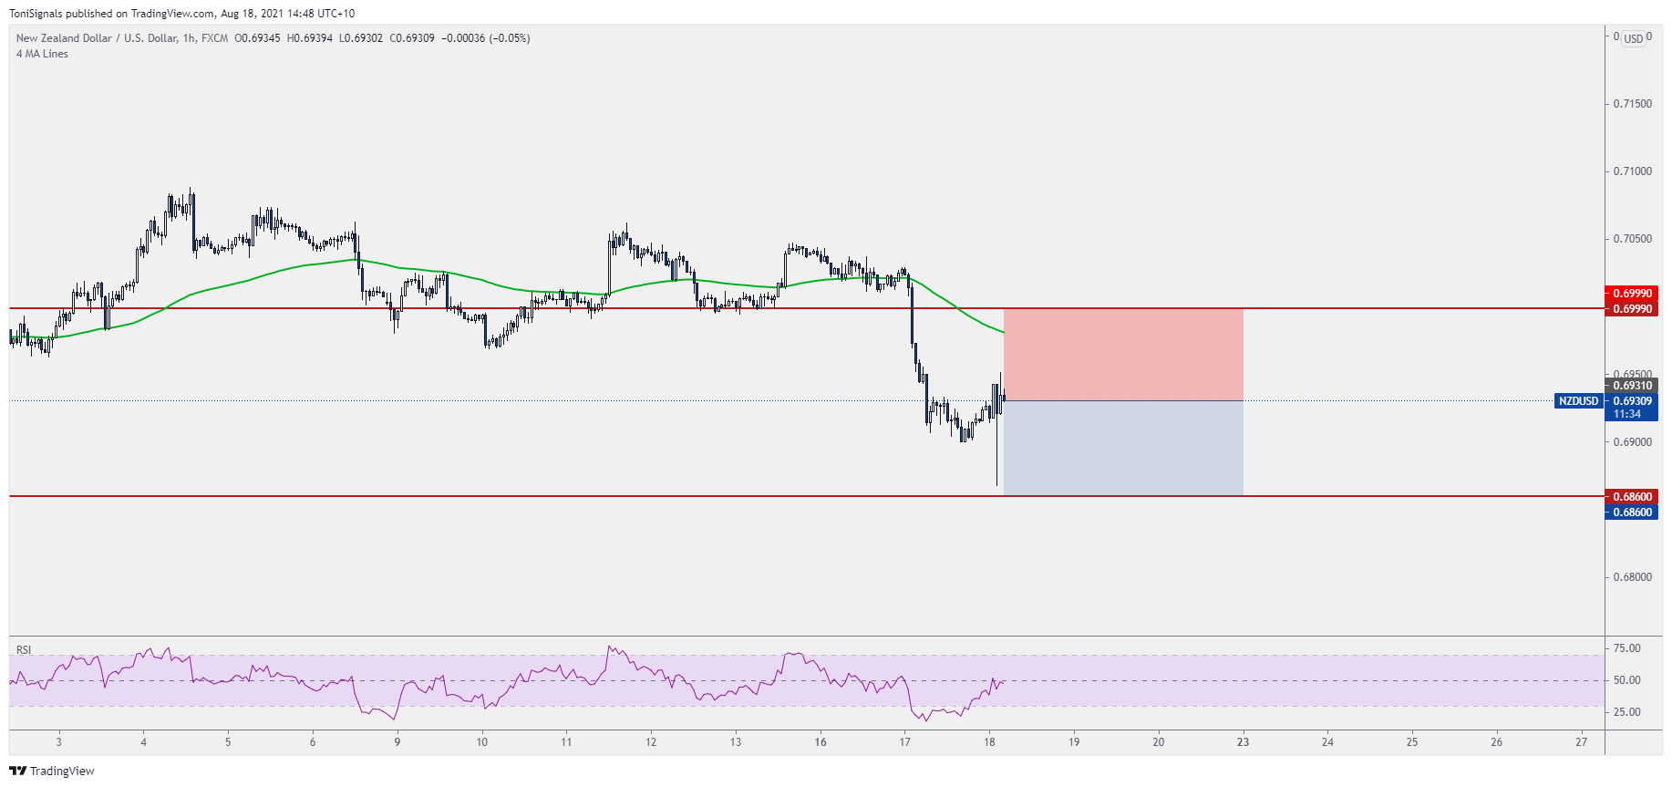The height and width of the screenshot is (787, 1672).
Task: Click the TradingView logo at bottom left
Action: (52, 771)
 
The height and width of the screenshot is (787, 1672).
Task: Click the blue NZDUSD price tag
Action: (1578, 401)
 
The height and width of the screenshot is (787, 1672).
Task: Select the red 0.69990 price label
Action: (1632, 294)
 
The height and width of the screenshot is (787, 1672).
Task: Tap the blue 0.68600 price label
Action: (1632, 513)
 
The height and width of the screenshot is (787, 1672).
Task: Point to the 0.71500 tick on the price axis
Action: (1632, 104)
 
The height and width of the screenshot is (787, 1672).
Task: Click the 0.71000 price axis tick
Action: (1632, 171)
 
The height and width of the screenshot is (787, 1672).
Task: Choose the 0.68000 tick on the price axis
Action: (1632, 577)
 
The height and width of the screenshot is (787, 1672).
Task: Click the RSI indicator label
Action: (24, 650)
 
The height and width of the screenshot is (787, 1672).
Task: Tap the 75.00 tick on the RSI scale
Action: (1626, 648)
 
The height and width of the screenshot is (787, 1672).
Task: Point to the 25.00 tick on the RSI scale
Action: (1626, 712)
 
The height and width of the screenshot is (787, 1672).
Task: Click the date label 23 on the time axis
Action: (1243, 742)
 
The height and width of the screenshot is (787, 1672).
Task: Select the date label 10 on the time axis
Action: (481, 742)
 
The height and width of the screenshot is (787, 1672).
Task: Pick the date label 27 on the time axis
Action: (1581, 742)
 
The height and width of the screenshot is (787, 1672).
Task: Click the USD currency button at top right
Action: (1634, 39)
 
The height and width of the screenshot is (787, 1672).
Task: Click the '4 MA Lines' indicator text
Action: (42, 54)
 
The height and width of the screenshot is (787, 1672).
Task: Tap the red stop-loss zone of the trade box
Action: (1123, 355)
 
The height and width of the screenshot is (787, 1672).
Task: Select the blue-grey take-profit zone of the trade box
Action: (1123, 448)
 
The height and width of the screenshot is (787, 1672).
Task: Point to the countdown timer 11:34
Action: (1627, 414)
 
